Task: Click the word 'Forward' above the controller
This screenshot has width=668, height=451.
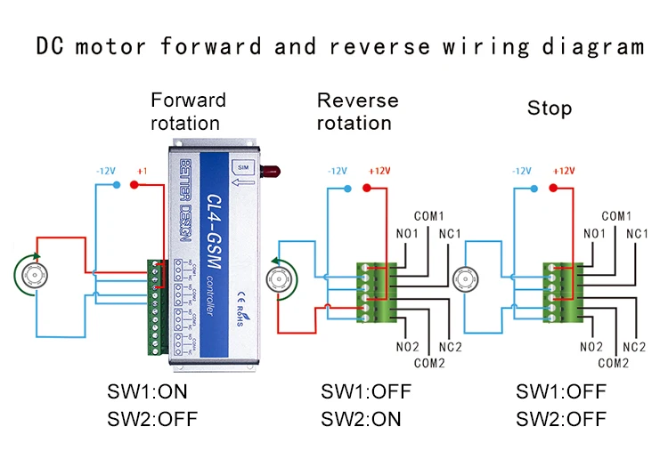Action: (x=188, y=100)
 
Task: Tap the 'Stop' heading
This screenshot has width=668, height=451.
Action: (x=549, y=109)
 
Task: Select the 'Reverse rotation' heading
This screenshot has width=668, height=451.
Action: (x=357, y=111)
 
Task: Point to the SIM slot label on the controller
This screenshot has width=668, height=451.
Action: (x=241, y=166)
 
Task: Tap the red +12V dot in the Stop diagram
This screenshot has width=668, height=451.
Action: (x=553, y=188)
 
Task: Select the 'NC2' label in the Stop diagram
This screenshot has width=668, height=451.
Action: (x=633, y=347)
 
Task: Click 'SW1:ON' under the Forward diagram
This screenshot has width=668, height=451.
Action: (x=147, y=392)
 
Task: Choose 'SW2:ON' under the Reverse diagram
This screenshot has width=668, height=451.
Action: (x=361, y=419)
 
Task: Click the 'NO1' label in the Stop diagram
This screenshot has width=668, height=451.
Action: (x=594, y=234)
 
